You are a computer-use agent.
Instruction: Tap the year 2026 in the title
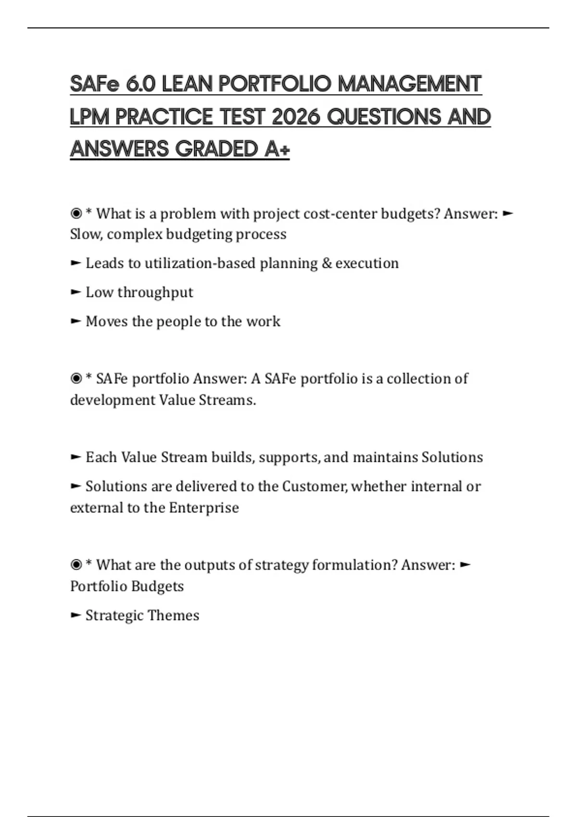(296, 117)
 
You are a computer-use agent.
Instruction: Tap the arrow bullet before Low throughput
(75, 292)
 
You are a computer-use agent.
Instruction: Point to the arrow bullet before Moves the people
(75, 321)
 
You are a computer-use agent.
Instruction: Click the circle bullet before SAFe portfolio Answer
(76, 379)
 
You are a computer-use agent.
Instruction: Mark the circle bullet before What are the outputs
(76, 565)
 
